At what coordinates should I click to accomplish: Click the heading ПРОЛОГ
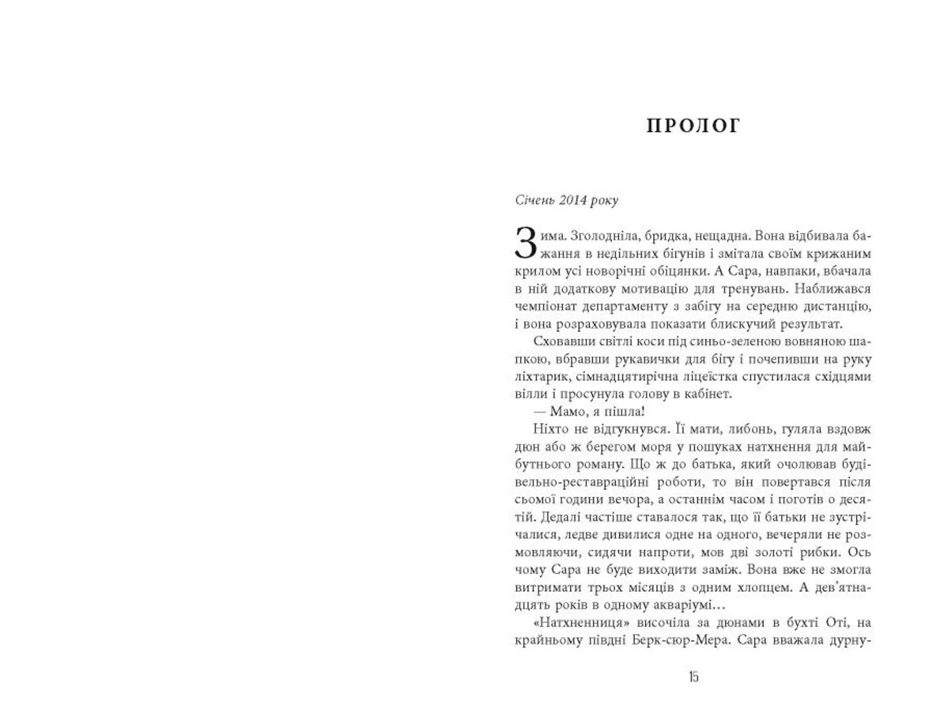tap(693, 126)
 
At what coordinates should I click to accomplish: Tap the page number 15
tap(693, 677)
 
